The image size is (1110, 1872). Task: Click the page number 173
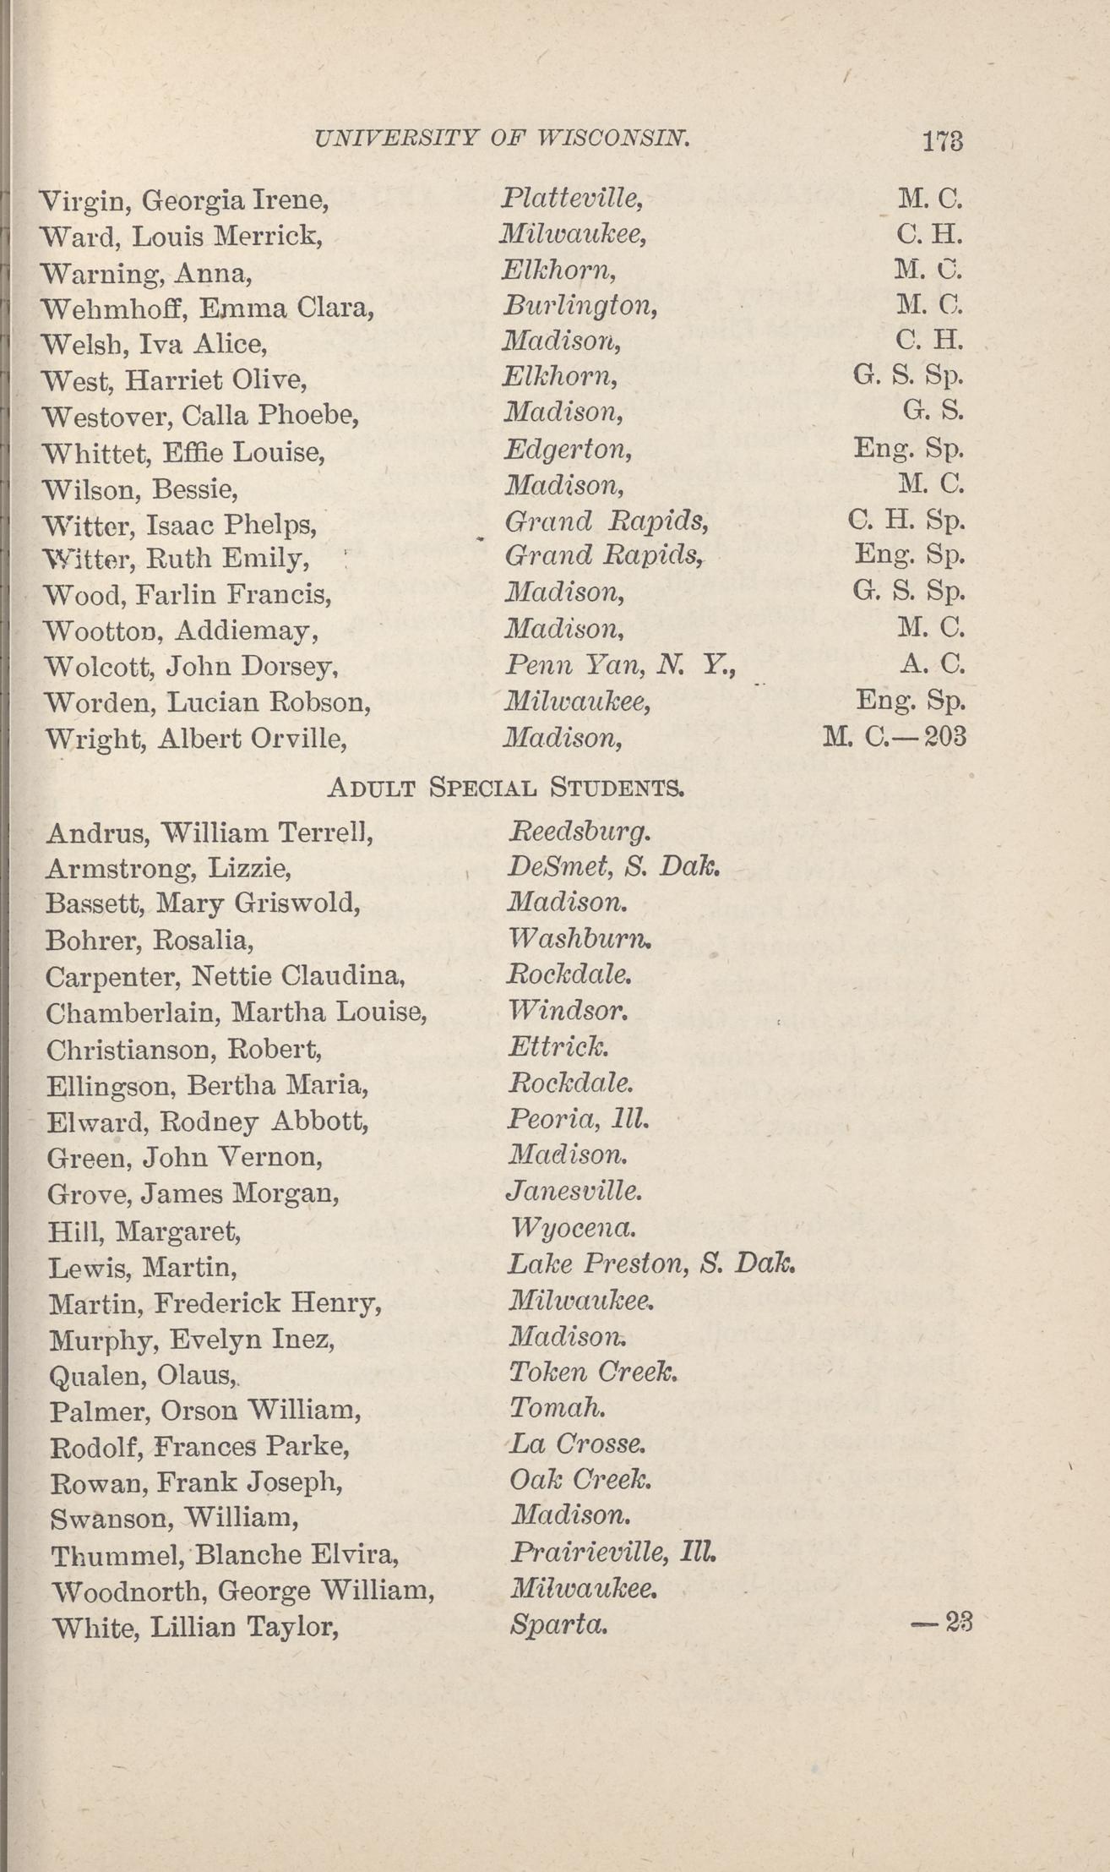coord(944,140)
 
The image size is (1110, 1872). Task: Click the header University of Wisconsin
coord(502,137)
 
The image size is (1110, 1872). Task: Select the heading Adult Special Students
coord(505,789)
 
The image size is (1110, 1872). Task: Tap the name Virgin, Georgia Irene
coord(184,201)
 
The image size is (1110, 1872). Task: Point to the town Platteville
coord(573,199)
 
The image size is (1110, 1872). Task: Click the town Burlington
coord(579,305)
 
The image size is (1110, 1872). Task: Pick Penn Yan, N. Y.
coord(620,666)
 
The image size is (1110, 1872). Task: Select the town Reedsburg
coord(579,832)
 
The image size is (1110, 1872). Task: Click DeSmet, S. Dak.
coord(612,867)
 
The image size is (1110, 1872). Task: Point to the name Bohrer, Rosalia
coord(150,940)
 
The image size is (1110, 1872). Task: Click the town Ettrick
coord(558,1047)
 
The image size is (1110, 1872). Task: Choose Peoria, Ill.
coord(578,1120)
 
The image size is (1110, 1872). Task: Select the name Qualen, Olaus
coord(143,1376)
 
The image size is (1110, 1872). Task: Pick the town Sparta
coord(558,1624)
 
